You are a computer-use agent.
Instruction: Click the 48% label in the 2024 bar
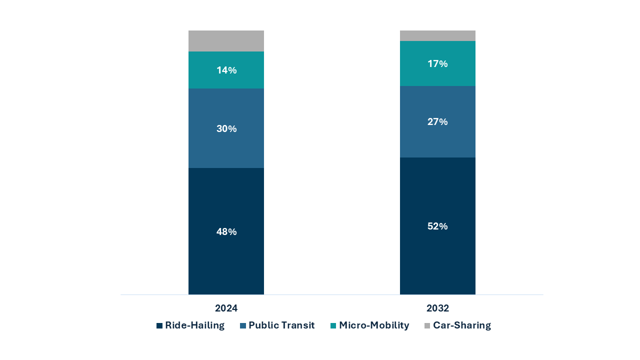[226, 232]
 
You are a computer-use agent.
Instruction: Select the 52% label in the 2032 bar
[437, 226]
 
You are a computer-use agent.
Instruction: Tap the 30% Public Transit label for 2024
[226, 129]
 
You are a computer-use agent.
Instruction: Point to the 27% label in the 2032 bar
[437, 122]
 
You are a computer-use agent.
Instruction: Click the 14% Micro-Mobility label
[226, 70]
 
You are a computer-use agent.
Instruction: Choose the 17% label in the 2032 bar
[437, 64]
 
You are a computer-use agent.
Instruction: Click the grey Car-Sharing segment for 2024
[226, 41]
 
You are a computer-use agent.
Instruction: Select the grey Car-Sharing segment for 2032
[437, 35]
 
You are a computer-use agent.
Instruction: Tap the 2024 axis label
[226, 308]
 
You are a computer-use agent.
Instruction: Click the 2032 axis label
[437, 308]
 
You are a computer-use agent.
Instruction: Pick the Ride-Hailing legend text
[194, 325]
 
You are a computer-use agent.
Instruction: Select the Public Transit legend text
[281, 325]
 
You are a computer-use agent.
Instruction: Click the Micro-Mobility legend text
[374, 325]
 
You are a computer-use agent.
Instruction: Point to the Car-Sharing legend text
[461, 325]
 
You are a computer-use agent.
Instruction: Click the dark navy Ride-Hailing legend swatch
[159, 326]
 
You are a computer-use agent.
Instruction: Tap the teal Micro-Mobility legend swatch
[333, 326]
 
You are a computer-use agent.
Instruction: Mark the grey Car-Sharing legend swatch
[427, 326]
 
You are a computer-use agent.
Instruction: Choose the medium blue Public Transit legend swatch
[243, 326]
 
